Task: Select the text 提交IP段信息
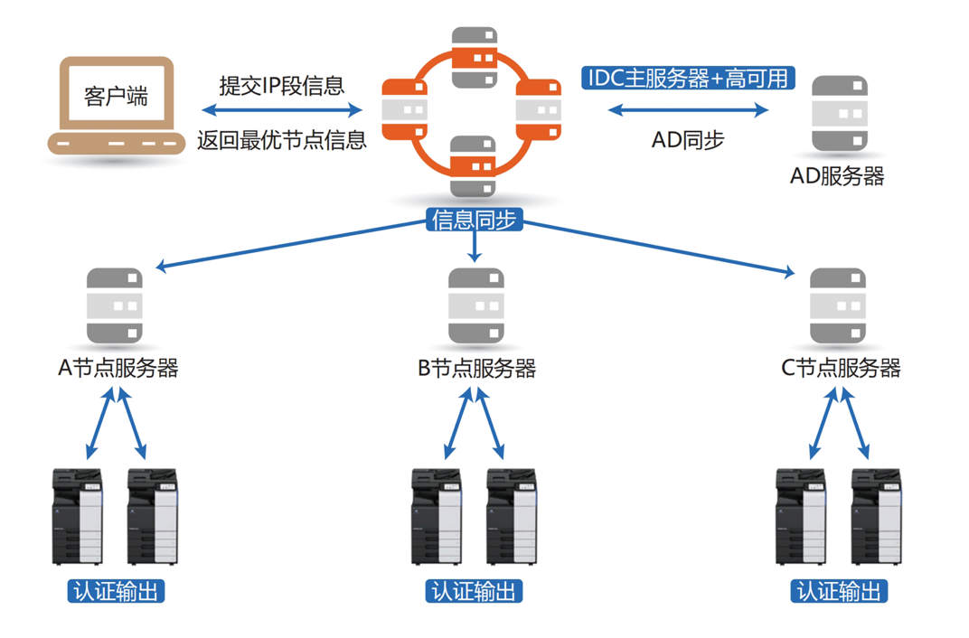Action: (282, 86)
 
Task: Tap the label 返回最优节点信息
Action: (282, 140)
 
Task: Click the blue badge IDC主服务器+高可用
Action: (688, 79)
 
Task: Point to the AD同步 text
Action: (688, 140)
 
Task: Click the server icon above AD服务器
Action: (839, 114)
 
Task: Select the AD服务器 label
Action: (837, 176)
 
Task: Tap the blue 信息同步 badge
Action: (475, 220)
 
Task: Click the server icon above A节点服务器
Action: (115, 306)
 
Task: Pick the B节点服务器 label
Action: (476, 369)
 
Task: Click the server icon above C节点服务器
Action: (837, 306)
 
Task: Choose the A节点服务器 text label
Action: (118, 369)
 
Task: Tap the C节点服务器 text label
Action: (841, 369)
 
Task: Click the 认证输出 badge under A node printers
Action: (117, 592)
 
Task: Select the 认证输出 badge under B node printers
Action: (475, 592)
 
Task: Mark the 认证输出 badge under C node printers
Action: (839, 592)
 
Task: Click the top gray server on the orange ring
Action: (475, 57)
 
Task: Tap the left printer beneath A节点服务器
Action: (78, 516)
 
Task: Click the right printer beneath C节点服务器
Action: (877, 516)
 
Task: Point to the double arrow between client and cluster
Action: (282, 111)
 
